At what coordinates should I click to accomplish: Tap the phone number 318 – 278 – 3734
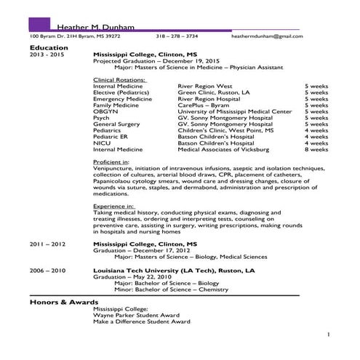pyautogui.click(x=177, y=36)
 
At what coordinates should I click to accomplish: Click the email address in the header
pyautogui.click(x=267, y=36)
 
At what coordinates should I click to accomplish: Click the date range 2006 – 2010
pyautogui.click(x=48, y=270)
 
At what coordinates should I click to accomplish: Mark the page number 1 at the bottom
pyautogui.click(x=328, y=334)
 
